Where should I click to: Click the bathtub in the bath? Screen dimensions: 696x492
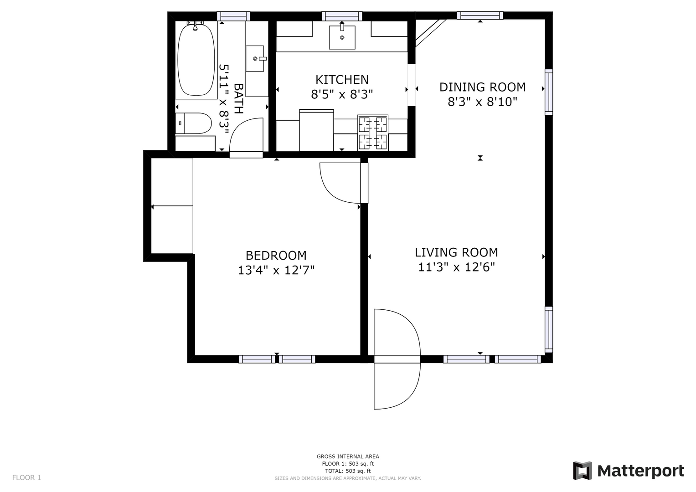(196, 60)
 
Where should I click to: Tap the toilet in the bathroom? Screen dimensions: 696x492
(193, 123)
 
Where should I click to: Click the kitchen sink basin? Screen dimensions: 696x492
(342, 37)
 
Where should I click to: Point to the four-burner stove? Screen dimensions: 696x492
(373, 133)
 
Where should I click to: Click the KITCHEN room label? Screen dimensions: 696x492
(342, 80)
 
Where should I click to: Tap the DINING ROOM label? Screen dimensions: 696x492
(482, 87)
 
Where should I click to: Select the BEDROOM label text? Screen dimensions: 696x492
(276, 256)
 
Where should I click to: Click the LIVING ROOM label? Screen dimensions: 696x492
(456, 252)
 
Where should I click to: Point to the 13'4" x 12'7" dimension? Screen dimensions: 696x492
(276, 270)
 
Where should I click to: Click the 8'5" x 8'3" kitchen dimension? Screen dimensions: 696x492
(342, 94)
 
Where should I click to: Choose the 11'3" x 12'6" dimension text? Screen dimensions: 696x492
(456, 267)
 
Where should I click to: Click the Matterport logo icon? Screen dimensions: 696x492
(582, 471)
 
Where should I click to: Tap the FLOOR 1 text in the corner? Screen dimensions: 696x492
(26, 478)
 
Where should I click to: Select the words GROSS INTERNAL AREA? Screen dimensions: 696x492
(348, 456)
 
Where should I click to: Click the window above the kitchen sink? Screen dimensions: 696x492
(342, 16)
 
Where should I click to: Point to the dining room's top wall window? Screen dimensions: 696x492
(480, 15)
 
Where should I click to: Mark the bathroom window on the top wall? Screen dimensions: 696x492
(233, 16)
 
